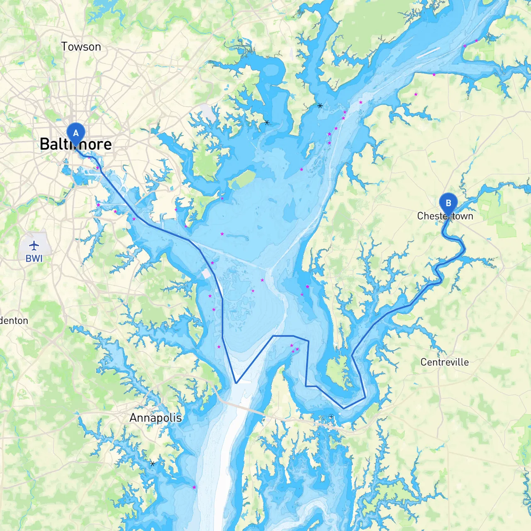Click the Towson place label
tap(81, 47)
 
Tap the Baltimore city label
tap(76, 144)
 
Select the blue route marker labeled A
tap(76, 134)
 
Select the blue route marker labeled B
tap(448, 203)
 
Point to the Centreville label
tap(445, 362)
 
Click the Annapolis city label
tap(156, 418)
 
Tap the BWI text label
tap(34, 258)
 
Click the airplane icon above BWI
tap(34, 246)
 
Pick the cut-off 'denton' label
tap(14, 321)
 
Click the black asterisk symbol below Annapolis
tap(153, 463)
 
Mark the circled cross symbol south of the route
tap(331, 417)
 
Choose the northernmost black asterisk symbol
tap(320, 106)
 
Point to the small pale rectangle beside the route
tap(206, 274)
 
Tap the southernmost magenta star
tap(194, 487)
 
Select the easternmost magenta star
tap(476, 41)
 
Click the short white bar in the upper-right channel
tap(428, 53)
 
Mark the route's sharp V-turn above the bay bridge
tap(236, 383)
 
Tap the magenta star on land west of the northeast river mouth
tap(416, 95)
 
